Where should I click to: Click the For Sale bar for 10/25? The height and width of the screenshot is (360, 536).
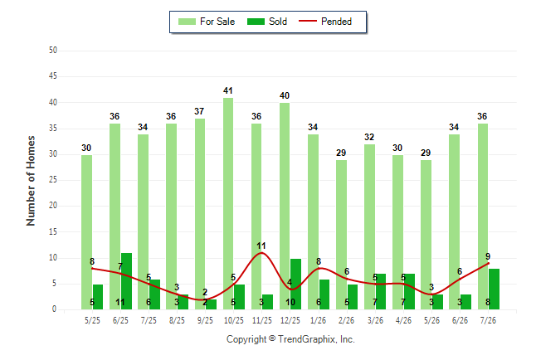[x=228, y=204]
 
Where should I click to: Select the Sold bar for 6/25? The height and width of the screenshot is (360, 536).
[x=126, y=281]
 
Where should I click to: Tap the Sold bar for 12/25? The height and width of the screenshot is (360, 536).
[x=295, y=285]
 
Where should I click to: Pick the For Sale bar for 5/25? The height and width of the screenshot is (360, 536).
[x=86, y=232]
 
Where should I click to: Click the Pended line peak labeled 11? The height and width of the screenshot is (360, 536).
[x=261, y=253]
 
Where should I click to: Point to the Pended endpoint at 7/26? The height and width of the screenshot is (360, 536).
[x=488, y=263]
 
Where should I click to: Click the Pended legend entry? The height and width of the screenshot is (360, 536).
[x=325, y=22]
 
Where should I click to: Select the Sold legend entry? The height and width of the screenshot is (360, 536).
[x=267, y=22]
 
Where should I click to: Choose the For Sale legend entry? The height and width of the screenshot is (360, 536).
[x=207, y=22]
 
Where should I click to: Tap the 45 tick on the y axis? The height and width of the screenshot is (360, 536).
[x=52, y=76]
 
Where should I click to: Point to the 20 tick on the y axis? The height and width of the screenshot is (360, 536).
[x=52, y=206]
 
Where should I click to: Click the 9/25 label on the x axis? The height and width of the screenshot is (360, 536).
[x=205, y=320]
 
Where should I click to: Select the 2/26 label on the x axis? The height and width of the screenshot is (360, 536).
[x=346, y=320]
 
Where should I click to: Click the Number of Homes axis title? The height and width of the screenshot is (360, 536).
[x=31, y=181]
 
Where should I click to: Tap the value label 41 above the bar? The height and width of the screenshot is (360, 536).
[x=228, y=90]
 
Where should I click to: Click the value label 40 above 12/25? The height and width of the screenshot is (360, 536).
[x=285, y=95]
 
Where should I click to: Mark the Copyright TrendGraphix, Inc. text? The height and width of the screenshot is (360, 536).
[x=290, y=339]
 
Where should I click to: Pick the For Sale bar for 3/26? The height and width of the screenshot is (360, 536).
[x=369, y=227]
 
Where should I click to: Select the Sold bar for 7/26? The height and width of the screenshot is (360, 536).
[x=494, y=289]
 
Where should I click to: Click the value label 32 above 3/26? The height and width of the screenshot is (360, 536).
[x=369, y=137]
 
